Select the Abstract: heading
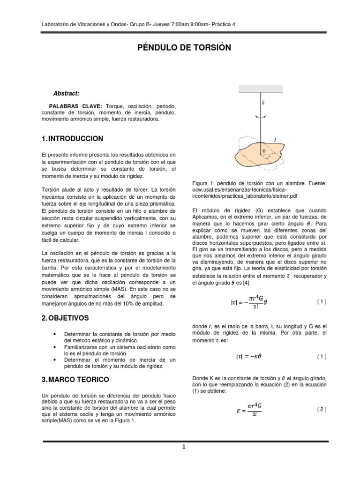(66, 94)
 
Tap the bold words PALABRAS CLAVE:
(75, 107)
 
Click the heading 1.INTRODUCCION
(72, 139)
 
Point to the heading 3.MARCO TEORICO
(75, 379)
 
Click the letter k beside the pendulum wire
(263, 102)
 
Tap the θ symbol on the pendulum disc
(263, 151)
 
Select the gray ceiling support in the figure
(261, 88)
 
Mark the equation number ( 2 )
(321, 409)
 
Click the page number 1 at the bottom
(184, 447)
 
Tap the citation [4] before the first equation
(245, 283)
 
